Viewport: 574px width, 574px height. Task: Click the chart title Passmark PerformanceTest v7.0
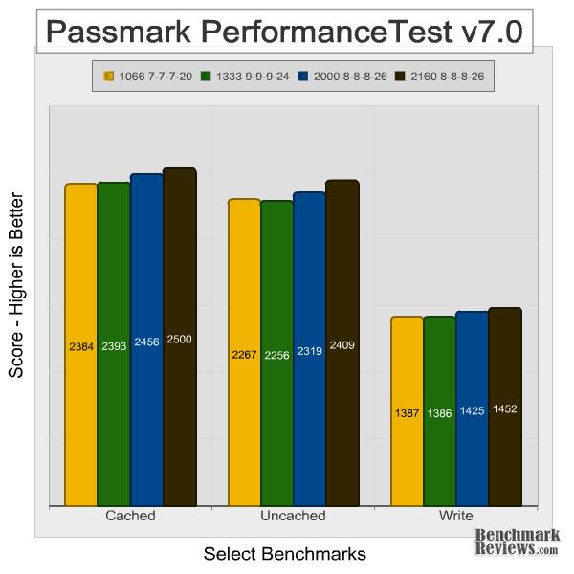click(x=285, y=32)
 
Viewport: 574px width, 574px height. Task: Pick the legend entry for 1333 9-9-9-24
click(x=244, y=76)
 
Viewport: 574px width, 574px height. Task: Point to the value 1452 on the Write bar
click(x=504, y=408)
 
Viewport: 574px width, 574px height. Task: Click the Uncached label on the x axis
click(x=293, y=516)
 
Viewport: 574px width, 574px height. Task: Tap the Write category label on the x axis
click(x=455, y=516)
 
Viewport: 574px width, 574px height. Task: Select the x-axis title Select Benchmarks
click(x=285, y=554)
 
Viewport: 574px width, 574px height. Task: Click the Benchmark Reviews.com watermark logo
click(x=517, y=542)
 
